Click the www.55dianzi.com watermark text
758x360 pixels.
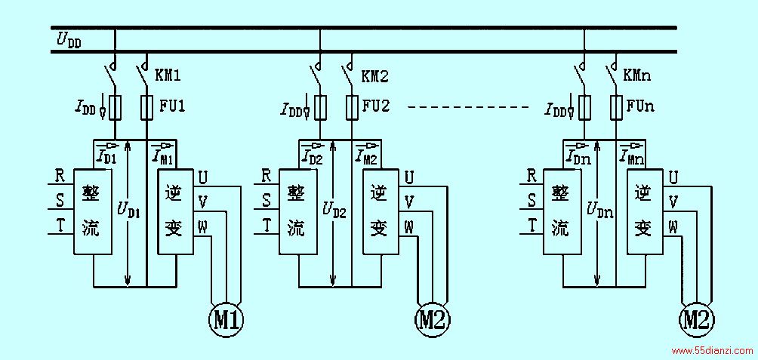click(713, 351)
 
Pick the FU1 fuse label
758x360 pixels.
click(172, 106)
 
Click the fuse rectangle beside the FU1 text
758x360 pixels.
click(146, 106)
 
